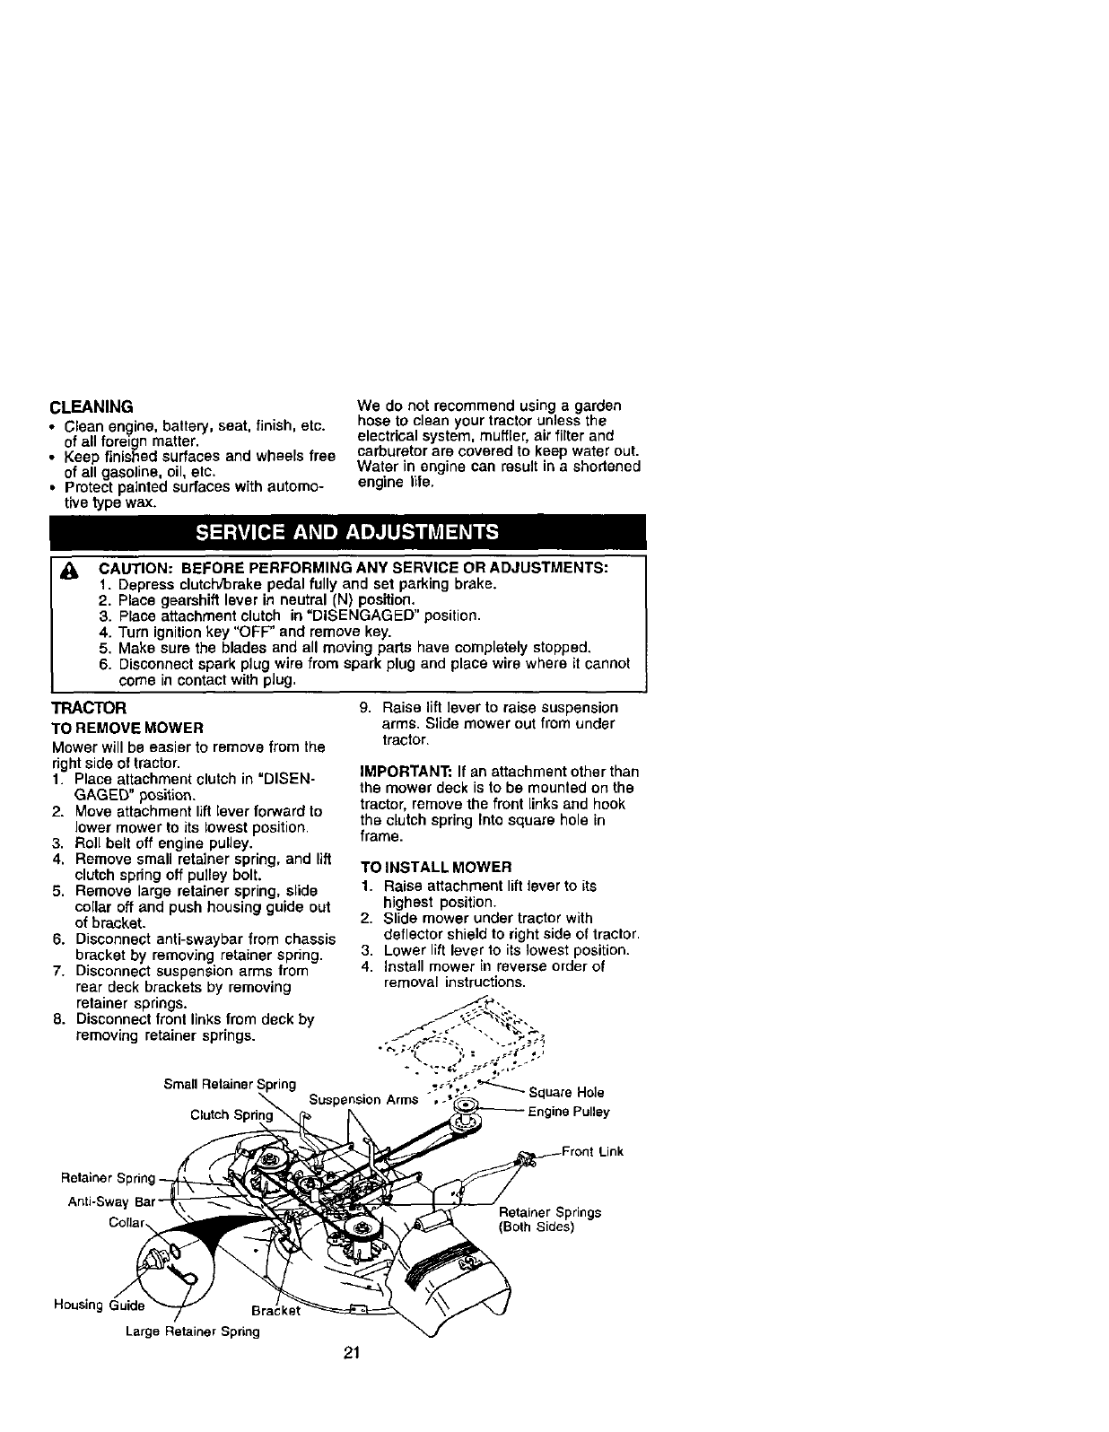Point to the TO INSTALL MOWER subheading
coord(435,868)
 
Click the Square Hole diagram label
coord(566,1092)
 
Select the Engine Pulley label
coord(569,1112)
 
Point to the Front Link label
coord(592,1152)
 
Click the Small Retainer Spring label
coord(230,1084)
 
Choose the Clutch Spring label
coord(231,1115)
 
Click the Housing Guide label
coord(100,1305)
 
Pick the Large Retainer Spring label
coord(192,1332)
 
